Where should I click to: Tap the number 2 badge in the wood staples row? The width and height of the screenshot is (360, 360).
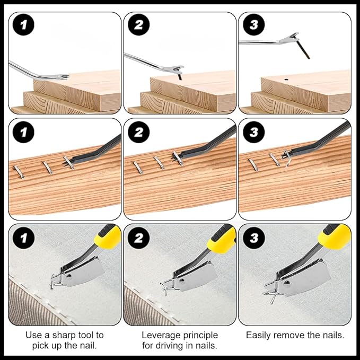(138, 132)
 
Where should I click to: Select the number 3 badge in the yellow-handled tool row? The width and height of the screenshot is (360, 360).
(253, 238)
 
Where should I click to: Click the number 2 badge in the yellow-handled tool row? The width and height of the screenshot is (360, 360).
(138, 238)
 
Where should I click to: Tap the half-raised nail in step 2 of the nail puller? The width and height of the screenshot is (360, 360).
(180, 76)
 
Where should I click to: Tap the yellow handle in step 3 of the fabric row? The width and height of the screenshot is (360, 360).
(335, 235)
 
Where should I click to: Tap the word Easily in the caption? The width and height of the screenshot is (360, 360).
(258, 335)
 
